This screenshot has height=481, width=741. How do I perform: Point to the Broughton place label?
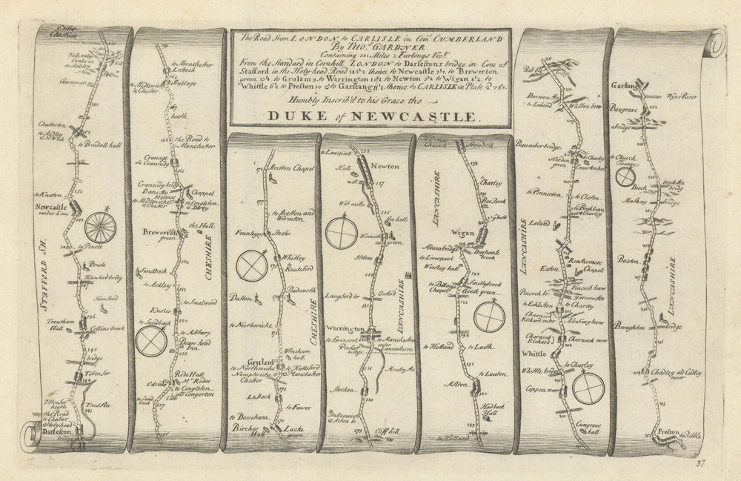tap(629, 326)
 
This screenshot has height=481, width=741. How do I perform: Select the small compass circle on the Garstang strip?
tap(628, 177)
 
